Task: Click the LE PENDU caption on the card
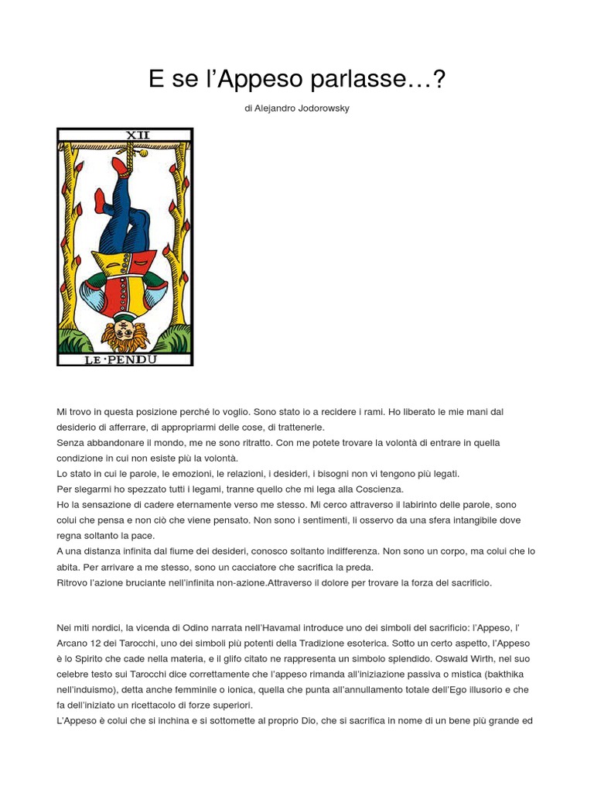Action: click(x=125, y=359)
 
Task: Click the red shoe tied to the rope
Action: click(x=119, y=166)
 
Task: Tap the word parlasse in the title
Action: click(x=374, y=80)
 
